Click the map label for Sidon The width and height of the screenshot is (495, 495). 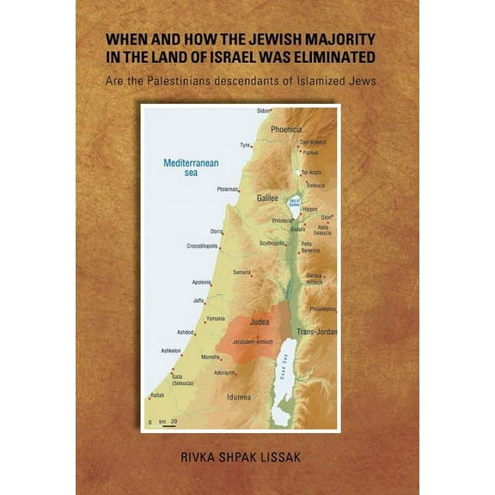(264, 111)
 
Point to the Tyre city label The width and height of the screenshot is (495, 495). (245, 145)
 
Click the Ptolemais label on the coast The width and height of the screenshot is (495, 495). (227, 189)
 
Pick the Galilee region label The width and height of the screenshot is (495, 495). (268, 198)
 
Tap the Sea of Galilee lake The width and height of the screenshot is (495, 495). (294, 203)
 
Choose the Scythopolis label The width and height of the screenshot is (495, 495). (272, 242)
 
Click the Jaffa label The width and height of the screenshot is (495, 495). (199, 300)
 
